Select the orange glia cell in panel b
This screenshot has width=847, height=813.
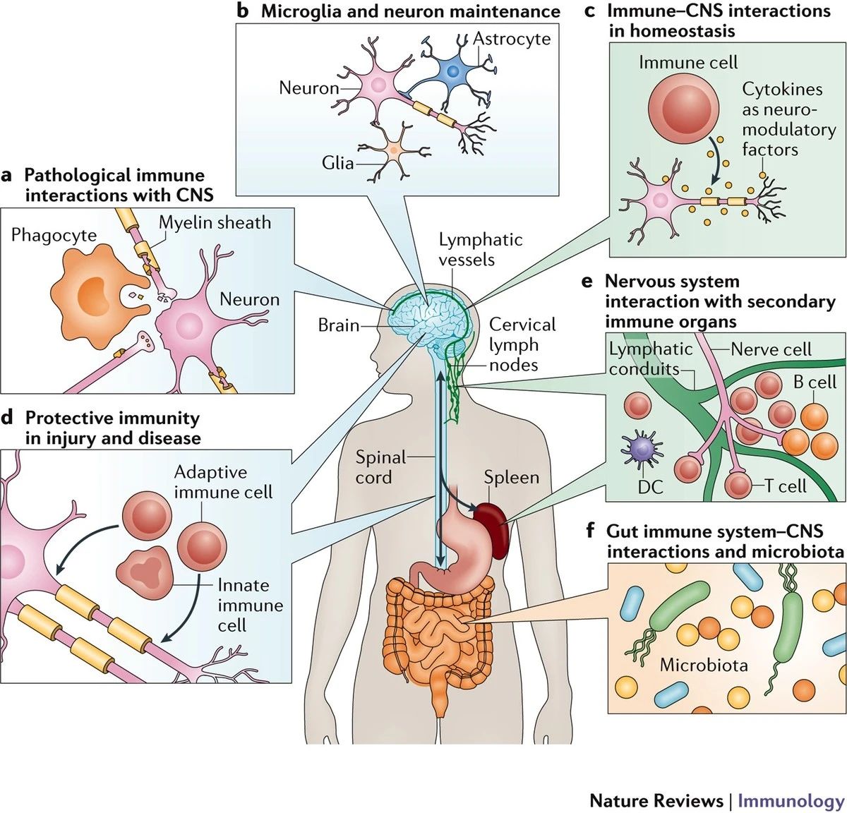(392, 150)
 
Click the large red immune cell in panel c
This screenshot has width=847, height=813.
(683, 110)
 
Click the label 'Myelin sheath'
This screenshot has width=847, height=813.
(215, 222)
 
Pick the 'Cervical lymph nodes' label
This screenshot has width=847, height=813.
(522, 344)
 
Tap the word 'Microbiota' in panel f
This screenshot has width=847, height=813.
(703, 665)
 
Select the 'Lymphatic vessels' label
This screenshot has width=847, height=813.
(480, 249)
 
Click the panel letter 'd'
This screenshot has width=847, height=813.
(8, 418)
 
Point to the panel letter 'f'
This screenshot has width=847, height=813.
(591, 530)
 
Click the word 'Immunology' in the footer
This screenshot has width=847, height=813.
(791, 801)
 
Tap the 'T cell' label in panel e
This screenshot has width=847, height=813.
(785, 486)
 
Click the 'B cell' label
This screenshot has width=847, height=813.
(814, 382)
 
